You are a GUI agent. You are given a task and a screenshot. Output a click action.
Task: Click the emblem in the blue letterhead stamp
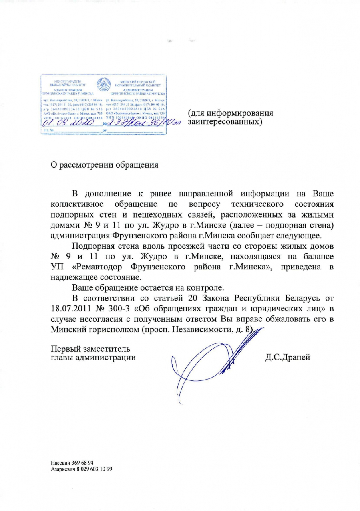click(x=104, y=84)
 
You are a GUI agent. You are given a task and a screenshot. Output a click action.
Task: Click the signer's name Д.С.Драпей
click(x=287, y=357)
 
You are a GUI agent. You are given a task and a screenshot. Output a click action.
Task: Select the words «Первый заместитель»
click(x=90, y=349)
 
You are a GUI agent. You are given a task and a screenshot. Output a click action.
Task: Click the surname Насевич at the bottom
click(x=60, y=462)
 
